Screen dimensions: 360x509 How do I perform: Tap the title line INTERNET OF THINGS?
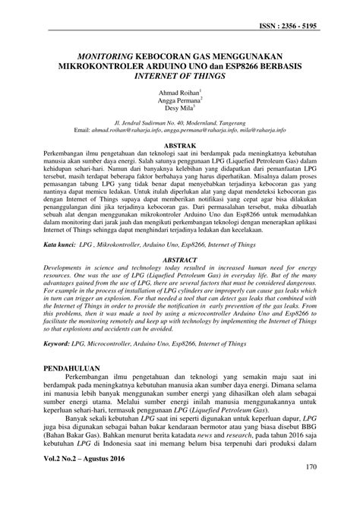point(179,77)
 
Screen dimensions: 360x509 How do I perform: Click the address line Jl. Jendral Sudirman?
point(180,121)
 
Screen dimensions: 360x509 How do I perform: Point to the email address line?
point(180,129)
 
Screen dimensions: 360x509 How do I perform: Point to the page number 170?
point(310,488)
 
